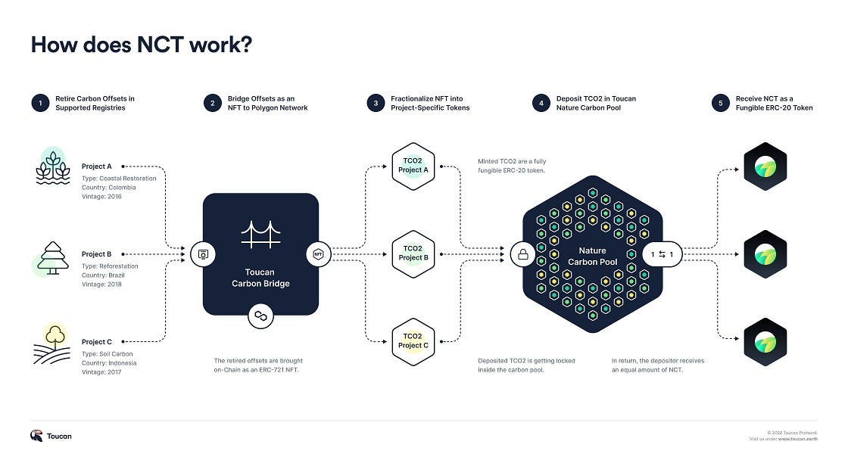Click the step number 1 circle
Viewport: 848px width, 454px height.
click(40, 103)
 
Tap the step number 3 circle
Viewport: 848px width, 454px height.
click(376, 103)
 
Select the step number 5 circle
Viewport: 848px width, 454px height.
click(720, 103)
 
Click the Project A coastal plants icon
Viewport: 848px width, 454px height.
click(53, 166)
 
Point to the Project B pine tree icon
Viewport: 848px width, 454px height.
click(52, 258)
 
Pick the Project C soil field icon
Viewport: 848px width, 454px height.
click(52, 344)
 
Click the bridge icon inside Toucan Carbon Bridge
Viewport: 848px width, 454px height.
click(260, 234)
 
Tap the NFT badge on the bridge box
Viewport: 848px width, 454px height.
click(319, 254)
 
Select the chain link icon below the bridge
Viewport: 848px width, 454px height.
click(260, 316)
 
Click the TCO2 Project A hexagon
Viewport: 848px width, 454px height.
click(413, 166)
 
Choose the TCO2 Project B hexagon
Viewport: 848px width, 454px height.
click(413, 254)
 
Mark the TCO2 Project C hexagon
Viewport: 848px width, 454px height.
click(413, 341)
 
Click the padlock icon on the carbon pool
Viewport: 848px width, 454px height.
click(523, 254)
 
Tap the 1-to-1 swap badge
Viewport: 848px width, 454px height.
click(662, 254)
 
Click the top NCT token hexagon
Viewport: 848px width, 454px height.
click(765, 166)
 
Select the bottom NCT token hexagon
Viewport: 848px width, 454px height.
click(765, 342)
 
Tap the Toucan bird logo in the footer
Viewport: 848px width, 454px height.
click(36, 436)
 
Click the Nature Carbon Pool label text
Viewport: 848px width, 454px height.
click(593, 257)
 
